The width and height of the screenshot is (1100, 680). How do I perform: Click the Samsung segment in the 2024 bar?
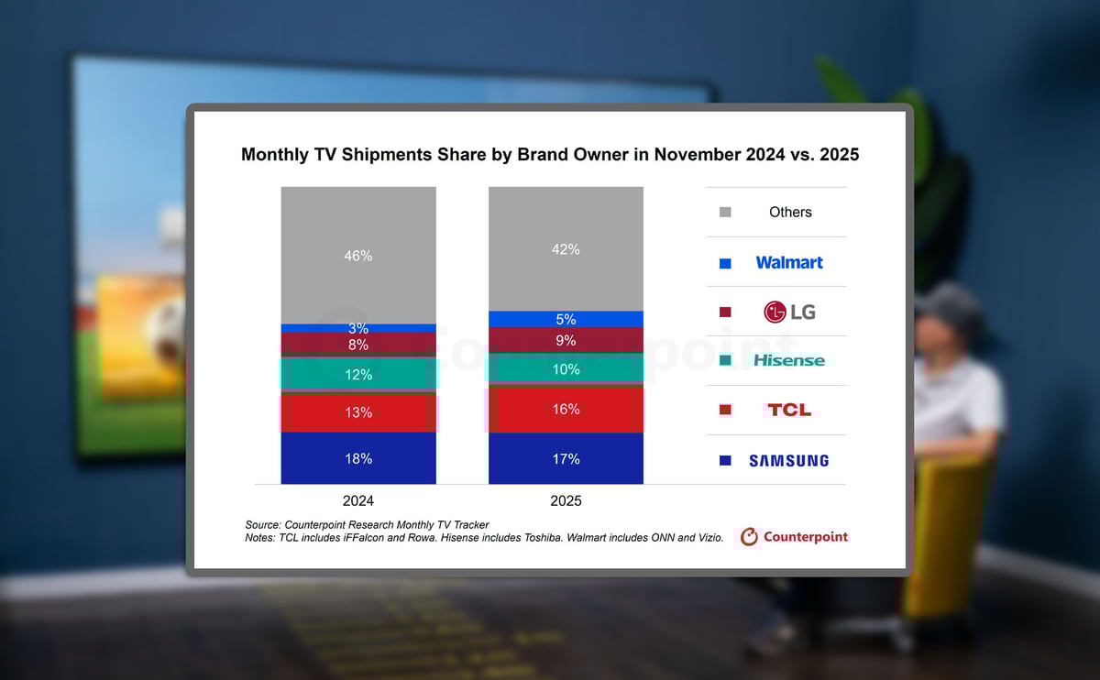tap(358, 458)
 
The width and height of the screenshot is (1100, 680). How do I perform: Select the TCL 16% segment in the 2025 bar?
tap(566, 410)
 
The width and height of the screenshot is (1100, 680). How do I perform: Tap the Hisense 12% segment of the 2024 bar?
tap(358, 374)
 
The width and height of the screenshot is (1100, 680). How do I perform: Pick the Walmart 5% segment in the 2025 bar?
tap(566, 319)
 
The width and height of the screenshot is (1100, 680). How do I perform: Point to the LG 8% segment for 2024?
tap(358, 345)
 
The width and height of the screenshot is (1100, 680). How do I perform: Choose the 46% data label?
tap(358, 256)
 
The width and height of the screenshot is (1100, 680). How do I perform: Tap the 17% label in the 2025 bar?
tap(566, 458)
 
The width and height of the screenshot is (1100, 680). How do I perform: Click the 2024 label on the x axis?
tap(358, 501)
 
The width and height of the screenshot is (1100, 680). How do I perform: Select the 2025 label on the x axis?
tap(566, 501)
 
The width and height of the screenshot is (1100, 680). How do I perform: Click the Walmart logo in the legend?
tap(789, 262)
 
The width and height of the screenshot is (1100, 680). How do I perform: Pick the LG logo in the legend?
tap(789, 312)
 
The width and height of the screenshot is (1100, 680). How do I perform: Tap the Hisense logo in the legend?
tap(789, 361)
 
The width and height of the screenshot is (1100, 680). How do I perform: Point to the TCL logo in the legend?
tap(789, 410)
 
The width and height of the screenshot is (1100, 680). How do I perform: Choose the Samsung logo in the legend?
tap(789, 460)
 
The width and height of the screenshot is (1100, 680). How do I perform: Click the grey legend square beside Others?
tap(725, 213)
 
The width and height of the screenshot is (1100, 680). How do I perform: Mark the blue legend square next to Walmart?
tap(725, 263)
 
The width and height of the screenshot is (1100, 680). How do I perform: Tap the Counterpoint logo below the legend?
tap(795, 537)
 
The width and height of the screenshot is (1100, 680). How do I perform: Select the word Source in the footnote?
tap(264, 524)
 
